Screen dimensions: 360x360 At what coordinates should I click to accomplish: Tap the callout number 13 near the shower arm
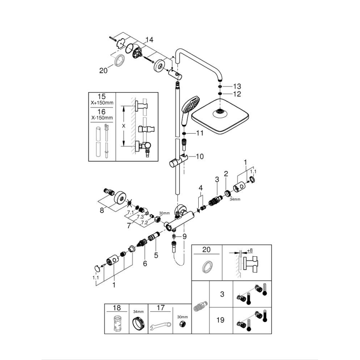[236, 86]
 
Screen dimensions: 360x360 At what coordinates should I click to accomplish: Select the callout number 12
[236, 94]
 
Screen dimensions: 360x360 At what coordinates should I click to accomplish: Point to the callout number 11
[200, 134]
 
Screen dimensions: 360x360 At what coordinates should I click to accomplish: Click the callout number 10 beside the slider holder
[200, 156]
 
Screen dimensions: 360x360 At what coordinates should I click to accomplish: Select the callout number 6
[145, 263]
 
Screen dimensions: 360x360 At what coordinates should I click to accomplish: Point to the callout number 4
[200, 188]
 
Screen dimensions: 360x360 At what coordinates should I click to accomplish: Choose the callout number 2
[226, 173]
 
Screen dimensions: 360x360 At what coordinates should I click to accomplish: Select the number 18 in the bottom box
[117, 308]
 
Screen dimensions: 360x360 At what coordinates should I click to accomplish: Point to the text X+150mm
[101, 103]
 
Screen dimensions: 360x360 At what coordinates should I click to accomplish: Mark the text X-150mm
[101, 118]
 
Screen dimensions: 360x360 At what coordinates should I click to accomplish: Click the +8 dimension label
[249, 251]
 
